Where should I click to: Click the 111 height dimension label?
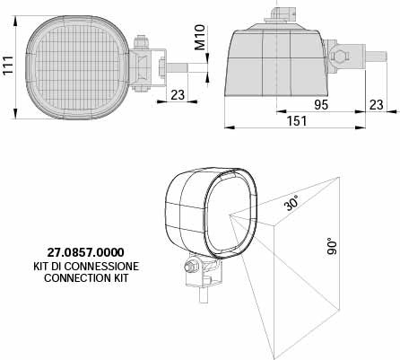point(8,66)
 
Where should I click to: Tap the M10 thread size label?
point(200,37)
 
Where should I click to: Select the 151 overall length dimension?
point(297,121)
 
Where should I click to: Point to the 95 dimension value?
point(321,105)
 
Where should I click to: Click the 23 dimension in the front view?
point(178,95)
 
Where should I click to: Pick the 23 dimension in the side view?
point(377,105)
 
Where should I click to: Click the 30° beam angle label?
point(291,203)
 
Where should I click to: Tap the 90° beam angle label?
point(332,246)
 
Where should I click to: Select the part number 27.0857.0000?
point(85,252)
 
